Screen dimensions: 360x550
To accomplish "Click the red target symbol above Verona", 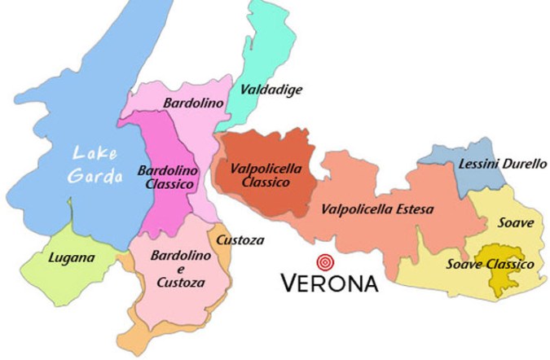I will (327, 262).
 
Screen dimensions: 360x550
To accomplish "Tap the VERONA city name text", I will (329, 283).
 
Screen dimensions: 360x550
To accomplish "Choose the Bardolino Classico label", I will (166, 178).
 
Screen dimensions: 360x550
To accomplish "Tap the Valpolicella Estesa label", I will (377, 209).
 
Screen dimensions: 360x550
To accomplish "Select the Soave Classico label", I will (490, 264).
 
